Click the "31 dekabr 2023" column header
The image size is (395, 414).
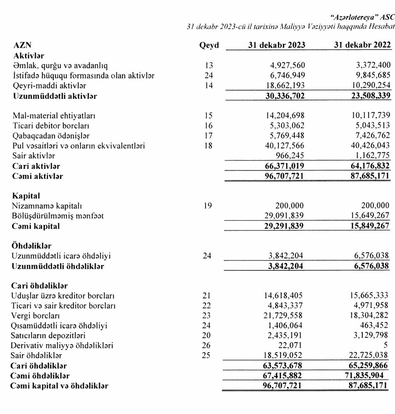(x=276, y=45)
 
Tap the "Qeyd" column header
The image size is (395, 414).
(x=209, y=45)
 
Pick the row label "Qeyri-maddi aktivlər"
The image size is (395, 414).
(x=49, y=85)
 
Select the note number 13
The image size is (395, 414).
(x=209, y=65)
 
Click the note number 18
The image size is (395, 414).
(x=209, y=146)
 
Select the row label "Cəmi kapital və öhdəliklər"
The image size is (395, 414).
(x=60, y=386)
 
